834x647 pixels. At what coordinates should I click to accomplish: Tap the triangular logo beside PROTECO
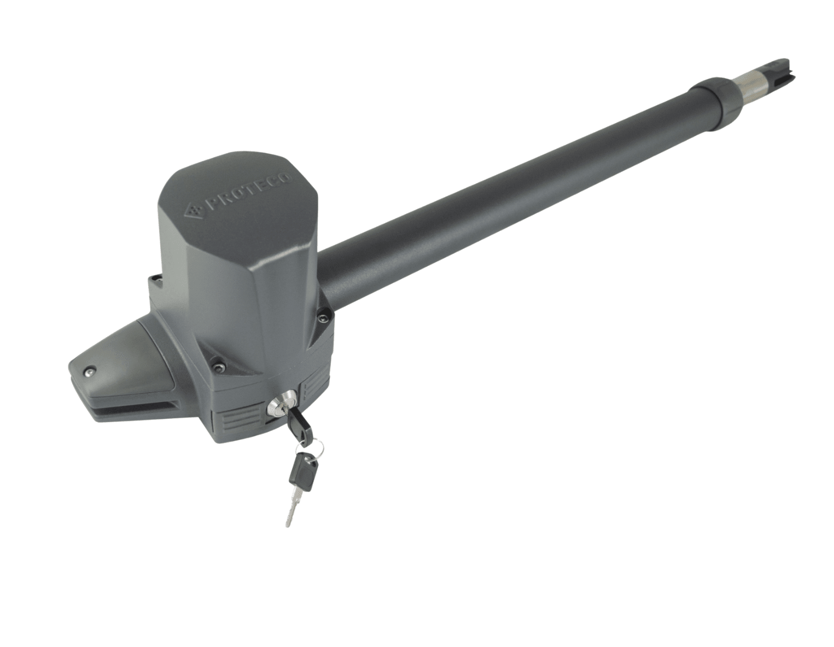(196, 210)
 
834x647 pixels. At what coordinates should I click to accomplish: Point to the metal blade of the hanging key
(291, 506)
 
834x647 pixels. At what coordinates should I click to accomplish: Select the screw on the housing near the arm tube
(322, 318)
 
